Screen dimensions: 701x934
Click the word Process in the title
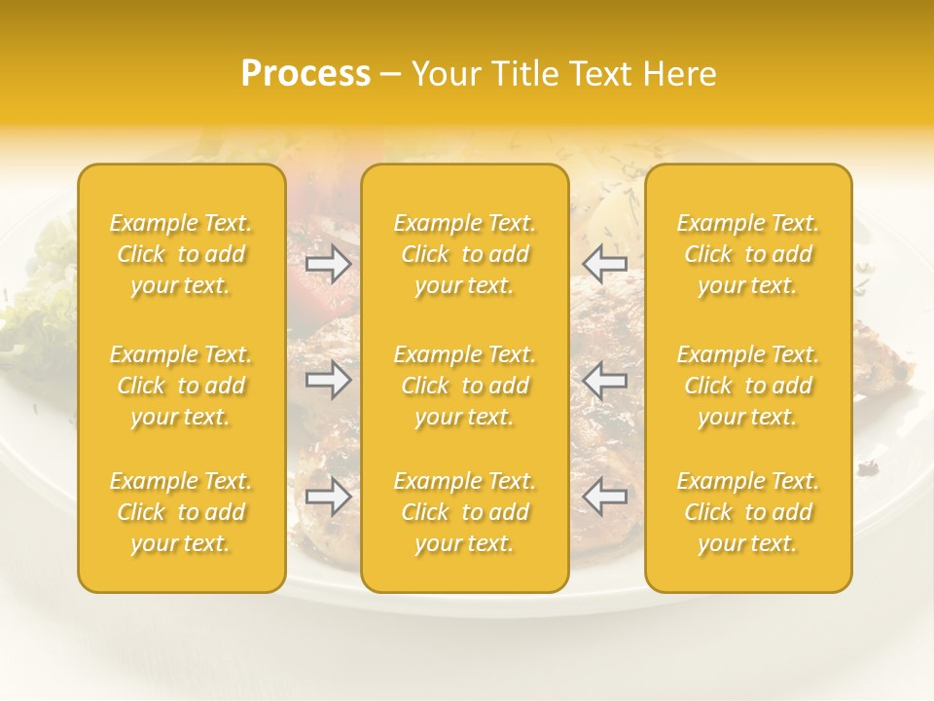click(305, 74)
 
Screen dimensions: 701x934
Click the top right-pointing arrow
click(329, 264)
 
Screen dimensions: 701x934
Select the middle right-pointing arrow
click(329, 380)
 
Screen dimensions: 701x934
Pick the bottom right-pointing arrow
click(329, 497)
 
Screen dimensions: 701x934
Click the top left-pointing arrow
click(605, 264)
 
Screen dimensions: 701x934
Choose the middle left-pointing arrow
click(605, 380)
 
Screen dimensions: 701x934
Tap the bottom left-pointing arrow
click(605, 497)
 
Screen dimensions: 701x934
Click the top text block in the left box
click(181, 254)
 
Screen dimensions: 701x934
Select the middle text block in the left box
click(181, 386)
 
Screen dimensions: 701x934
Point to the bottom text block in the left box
click(181, 512)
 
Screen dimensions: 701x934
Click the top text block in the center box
click(465, 254)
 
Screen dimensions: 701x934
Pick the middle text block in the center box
click(465, 386)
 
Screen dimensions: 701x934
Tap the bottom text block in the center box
click(465, 512)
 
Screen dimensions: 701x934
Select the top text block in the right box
click(748, 254)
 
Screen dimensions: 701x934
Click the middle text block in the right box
click(748, 386)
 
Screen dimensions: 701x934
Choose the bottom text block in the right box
click(748, 512)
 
